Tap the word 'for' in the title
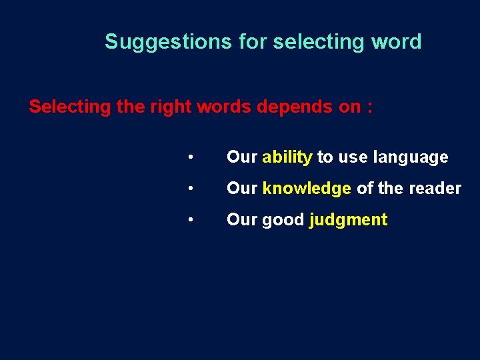(x=254, y=42)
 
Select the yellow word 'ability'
(x=287, y=157)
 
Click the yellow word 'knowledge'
(x=307, y=189)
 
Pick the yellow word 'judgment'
(x=348, y=220)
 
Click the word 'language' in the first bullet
(x=411, y=157)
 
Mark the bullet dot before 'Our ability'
(x=191, y=157)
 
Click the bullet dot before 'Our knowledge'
(x=191, y=189)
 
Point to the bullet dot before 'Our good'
(x=191, y=219)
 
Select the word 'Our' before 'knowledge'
(x=242, y=189)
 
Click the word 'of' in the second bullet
(x=365, y=189)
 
